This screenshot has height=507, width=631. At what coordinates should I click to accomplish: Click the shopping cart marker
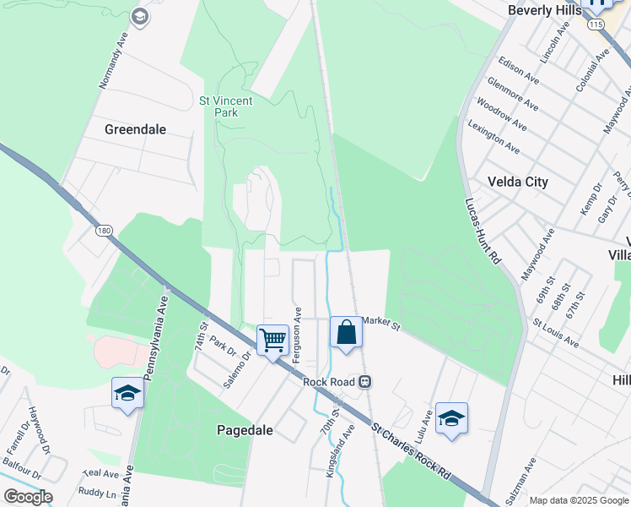pos(272,341)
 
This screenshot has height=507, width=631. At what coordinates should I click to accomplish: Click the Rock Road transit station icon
pos(365,381)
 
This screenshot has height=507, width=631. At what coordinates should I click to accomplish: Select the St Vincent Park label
pos(225,106)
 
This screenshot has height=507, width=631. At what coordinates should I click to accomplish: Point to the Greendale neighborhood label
pos(135,129)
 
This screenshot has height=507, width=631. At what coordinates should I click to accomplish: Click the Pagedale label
pos(245,430)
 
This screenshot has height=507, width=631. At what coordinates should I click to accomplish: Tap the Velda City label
pos(518,182)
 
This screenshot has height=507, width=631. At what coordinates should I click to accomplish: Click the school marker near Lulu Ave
pos(451,418)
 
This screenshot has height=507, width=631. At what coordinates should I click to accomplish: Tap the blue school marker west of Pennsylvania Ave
pos(127,393)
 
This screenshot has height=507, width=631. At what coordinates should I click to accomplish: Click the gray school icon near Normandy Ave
pos(140,16)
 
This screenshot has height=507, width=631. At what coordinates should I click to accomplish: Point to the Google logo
pos(28,497)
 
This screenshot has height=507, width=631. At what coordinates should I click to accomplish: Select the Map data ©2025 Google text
pos(579,500)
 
